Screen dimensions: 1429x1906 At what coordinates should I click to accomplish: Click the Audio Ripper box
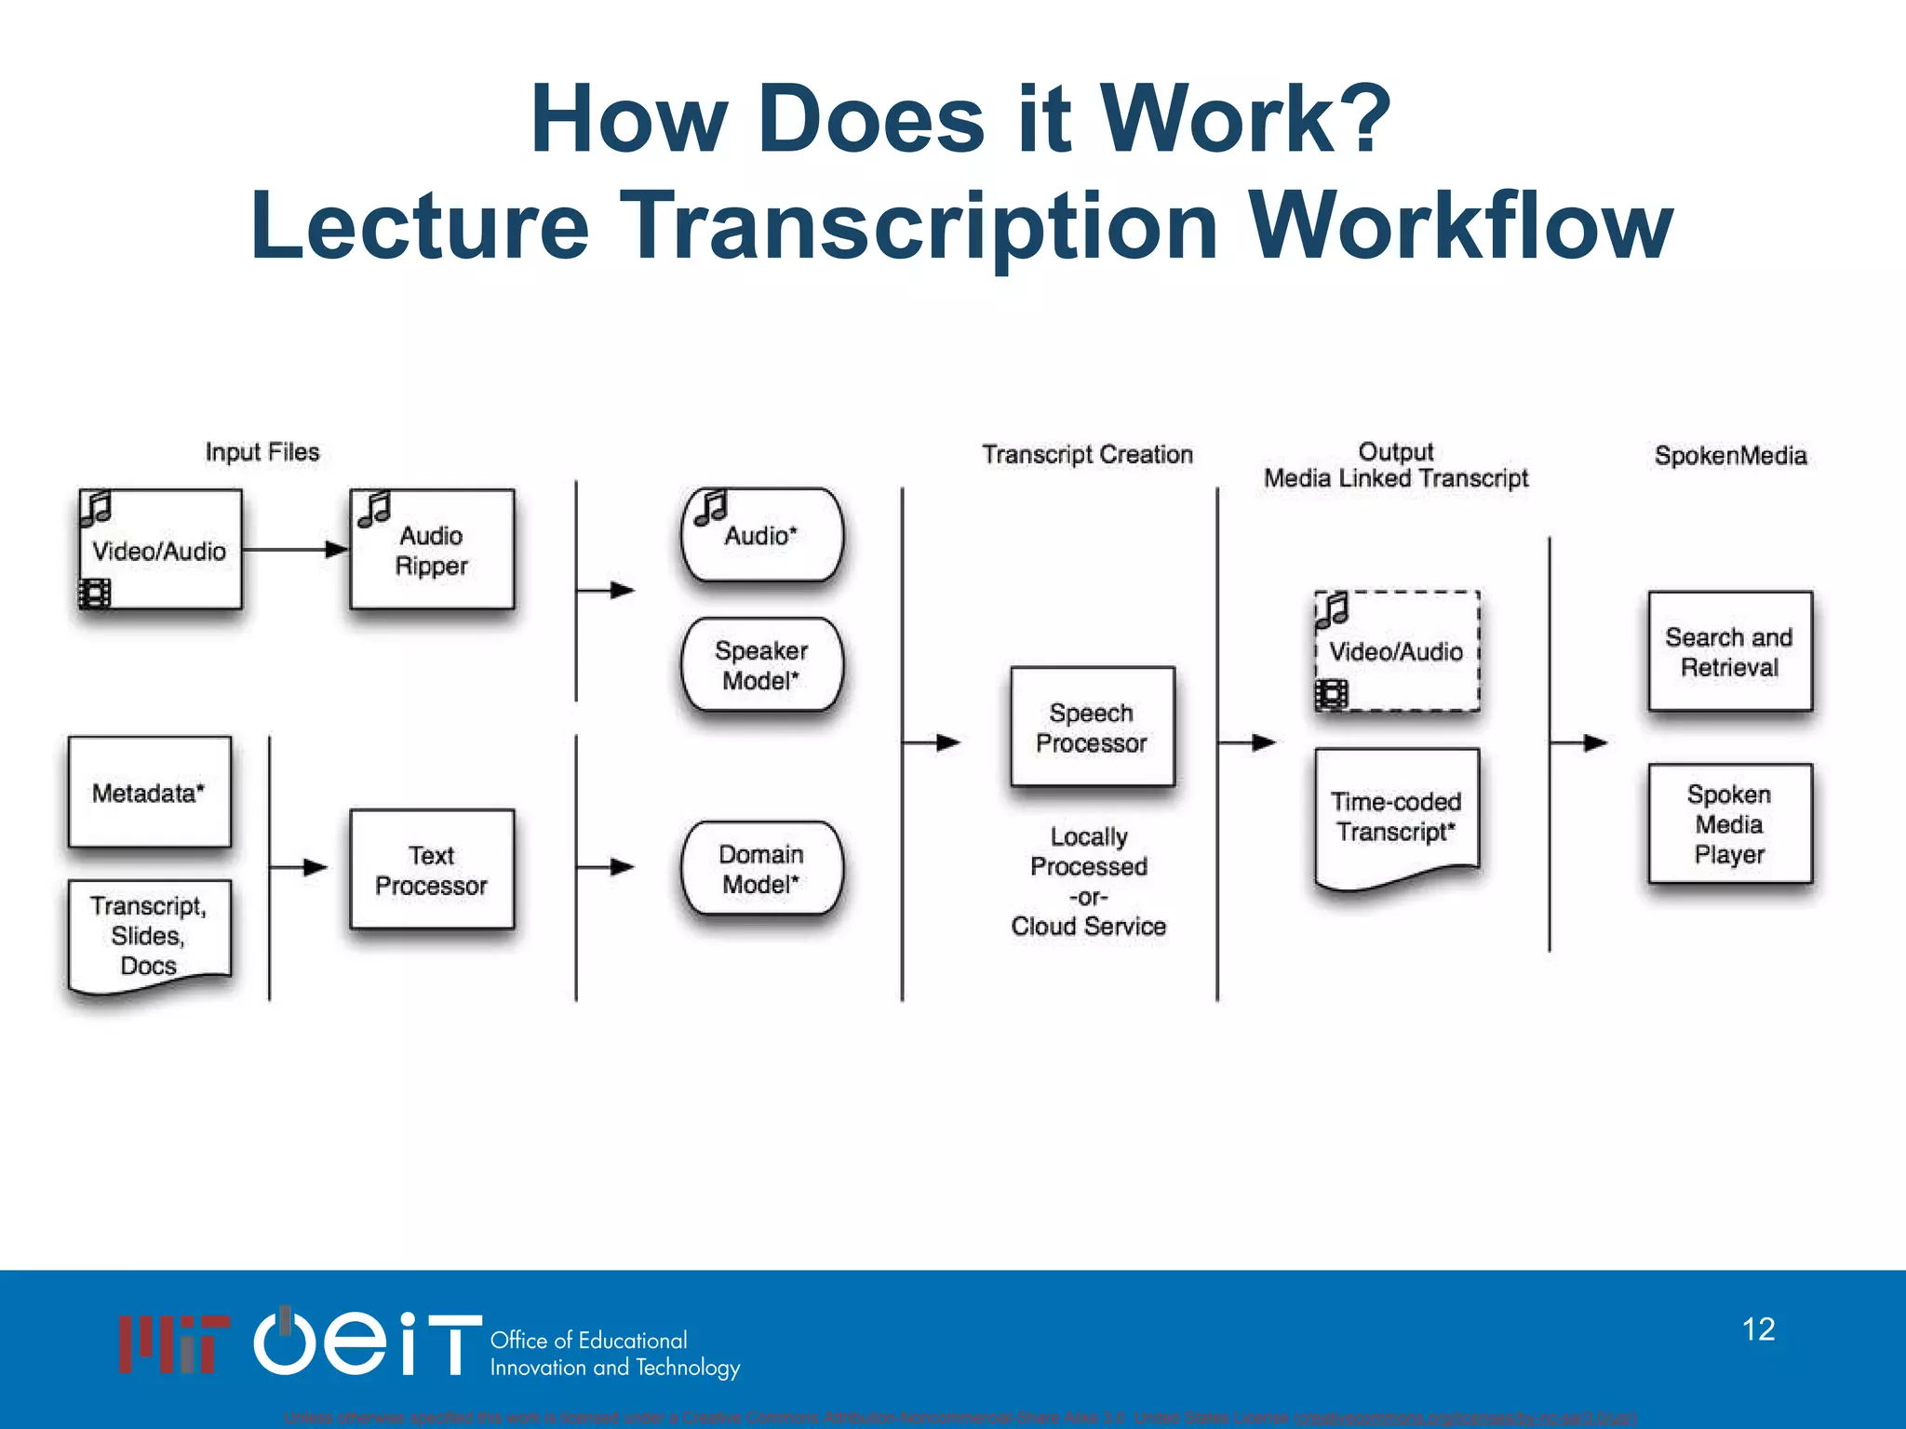point(432,550)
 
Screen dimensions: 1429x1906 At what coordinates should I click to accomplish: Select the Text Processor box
point(432,869)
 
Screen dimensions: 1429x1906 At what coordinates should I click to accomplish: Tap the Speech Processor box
point(1092,728)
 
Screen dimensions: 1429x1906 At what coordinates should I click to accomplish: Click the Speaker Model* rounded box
point(761,665)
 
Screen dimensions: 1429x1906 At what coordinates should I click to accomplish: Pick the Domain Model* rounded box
point(761,868)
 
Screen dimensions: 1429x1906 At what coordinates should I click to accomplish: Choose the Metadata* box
point(149,793)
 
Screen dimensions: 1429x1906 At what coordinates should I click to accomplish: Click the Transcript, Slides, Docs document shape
point(149,934)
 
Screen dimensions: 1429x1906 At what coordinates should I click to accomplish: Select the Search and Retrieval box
point(1729,651)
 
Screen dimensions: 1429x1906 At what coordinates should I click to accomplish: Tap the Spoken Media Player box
point(1729,823)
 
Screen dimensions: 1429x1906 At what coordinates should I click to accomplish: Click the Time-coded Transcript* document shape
point(1396,815)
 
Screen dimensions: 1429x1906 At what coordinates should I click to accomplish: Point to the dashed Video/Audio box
point(1396,651)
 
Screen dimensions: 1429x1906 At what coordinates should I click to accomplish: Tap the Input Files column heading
point(262,452)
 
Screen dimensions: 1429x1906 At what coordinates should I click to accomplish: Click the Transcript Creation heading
point(1087,454)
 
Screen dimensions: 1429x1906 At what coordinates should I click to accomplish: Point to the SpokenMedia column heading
point(1730,455)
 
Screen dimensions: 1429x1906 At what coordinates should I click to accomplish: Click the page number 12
point(1758,1329)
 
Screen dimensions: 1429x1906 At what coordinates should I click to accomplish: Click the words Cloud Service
point(1088,927)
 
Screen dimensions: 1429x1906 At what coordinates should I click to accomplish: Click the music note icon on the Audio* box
point(711,508)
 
